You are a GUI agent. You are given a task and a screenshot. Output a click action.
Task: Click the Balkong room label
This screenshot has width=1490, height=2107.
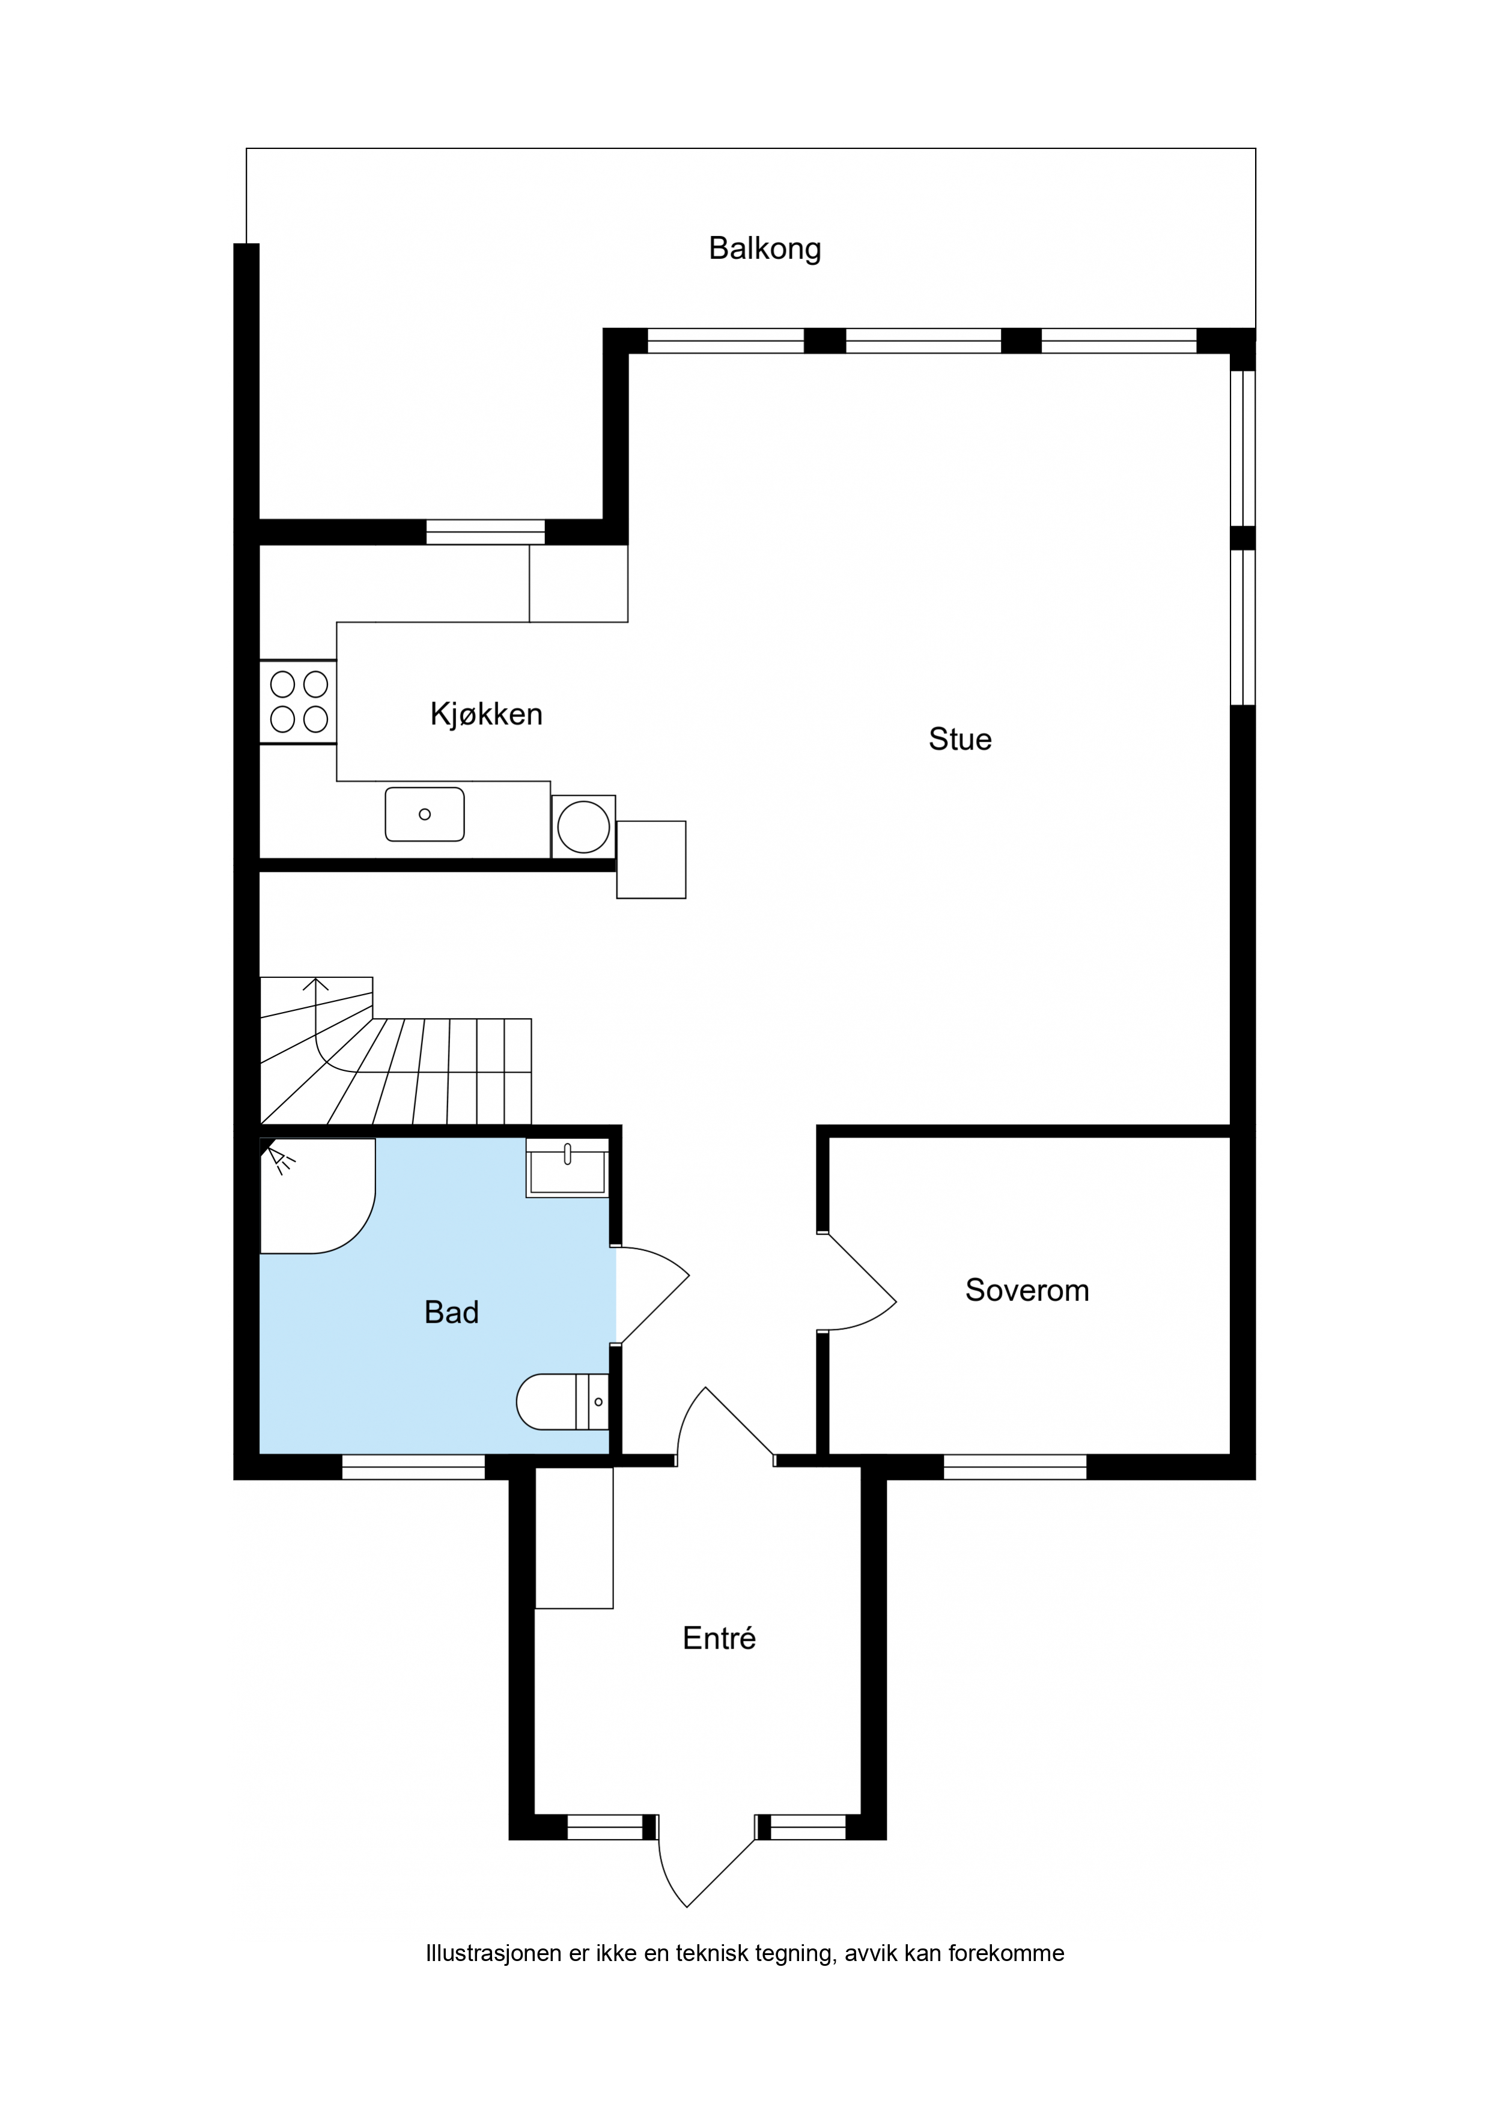click(x=765, y=249)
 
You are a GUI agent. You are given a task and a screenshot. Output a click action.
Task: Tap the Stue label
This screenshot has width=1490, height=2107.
click(x=960, y=739)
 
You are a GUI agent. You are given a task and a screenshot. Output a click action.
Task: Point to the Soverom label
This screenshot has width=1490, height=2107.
click(x=1027, y=1290)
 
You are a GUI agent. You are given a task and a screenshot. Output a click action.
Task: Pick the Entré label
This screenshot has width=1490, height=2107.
click(x=719, y=1637)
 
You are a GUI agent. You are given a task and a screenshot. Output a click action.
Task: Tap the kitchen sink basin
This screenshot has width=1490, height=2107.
click(x=425, y=814)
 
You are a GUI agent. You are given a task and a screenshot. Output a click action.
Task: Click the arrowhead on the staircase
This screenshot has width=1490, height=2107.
click(x=316, y=984)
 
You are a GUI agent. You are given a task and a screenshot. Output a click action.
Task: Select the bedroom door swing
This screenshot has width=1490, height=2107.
click(x=857, y=1282)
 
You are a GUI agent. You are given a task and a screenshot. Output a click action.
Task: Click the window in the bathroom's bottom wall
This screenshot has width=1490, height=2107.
click(x=413, y=1467)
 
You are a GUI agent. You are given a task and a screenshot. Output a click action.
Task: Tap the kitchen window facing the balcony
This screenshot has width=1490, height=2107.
click(x=485, y=532)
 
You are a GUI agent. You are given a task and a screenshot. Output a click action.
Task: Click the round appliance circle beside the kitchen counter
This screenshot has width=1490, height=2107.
click(x=584, y=826)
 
